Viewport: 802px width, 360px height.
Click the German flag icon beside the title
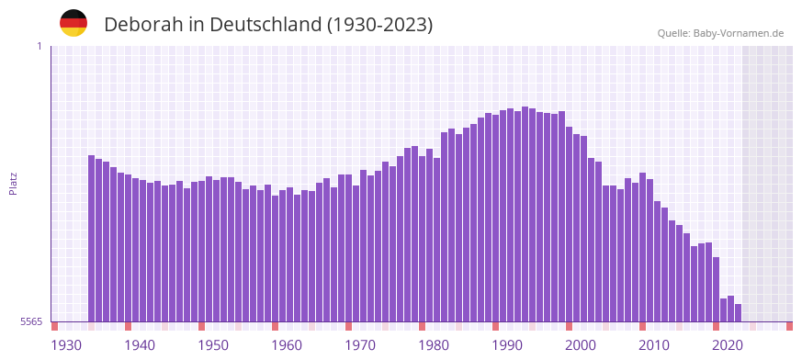click(x=73, y=23)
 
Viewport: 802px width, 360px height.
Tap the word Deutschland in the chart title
click(x=264, y=25)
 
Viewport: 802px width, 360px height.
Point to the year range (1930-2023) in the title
click(x=379, y=25)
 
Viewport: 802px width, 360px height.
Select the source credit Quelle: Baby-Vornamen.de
click(x=720, y=34)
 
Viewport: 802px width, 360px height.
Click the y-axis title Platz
click(x=13, y=184)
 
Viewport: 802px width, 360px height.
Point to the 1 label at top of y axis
click(x=39, y=46)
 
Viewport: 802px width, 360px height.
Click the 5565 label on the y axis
click(x=31, y=321)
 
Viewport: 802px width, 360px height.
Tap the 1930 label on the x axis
click(x=66, y=345)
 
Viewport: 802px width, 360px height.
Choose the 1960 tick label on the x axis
click(x=287, y=345)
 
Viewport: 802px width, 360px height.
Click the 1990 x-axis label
click(x=507, y=345)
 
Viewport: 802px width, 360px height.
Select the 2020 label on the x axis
click(x=728, y=345)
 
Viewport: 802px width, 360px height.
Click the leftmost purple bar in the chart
click(x=92, y=239)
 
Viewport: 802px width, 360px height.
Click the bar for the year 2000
click(x=584, y=229)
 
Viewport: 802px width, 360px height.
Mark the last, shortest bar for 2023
click(x=738, y=312)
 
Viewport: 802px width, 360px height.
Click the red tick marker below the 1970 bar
click(x=348, y=326)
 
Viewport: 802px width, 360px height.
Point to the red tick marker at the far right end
click(x=789, y=326)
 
